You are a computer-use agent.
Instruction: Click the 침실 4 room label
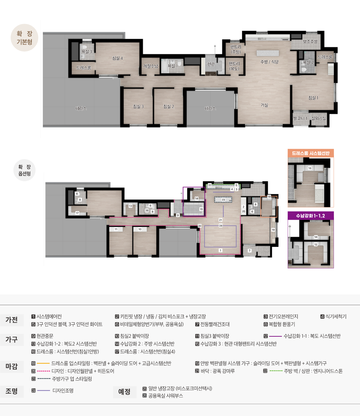click(118, 58)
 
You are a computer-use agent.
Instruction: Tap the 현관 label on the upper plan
click(211, 64)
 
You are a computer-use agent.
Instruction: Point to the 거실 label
click(264, 105)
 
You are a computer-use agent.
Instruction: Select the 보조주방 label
click(310, 42)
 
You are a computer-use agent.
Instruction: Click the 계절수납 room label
click(151, 66)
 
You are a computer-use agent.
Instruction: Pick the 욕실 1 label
click(173, 66)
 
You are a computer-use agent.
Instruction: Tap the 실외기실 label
click(319, 118)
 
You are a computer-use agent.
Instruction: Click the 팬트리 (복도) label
click(235, 66)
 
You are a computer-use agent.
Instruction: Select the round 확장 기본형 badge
click(24, 38)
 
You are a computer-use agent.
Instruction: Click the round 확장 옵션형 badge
click(24, 170)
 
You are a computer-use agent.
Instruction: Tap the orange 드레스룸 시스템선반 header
click(311, 153)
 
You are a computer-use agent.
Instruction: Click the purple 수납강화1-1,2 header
click(311, 216)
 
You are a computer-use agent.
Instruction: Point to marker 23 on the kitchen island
click(223, 200)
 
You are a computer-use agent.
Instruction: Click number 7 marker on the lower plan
click(250, 251)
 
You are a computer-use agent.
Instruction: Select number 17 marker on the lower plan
click(77, 213)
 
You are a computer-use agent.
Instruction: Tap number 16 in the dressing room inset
click(310, 168)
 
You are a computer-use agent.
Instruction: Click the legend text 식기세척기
click(336, 316)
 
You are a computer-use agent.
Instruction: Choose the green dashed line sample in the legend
click(276, 371)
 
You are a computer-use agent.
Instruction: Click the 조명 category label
click(11, 391)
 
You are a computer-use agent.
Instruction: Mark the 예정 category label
click(124, 392)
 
